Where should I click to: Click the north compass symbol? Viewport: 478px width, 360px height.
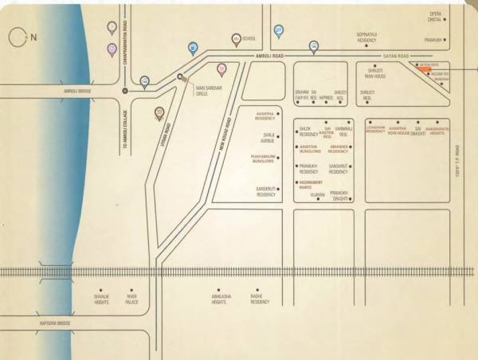tap(22, 37)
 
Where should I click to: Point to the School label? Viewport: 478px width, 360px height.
tap(249, 37)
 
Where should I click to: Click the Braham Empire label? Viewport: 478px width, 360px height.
tap(301, 95)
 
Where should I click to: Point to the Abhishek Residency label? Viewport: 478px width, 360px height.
tap(338, 149)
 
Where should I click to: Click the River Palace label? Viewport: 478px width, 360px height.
tap(132, 299)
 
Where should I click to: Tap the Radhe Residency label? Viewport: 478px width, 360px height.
tap(261, 299)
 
